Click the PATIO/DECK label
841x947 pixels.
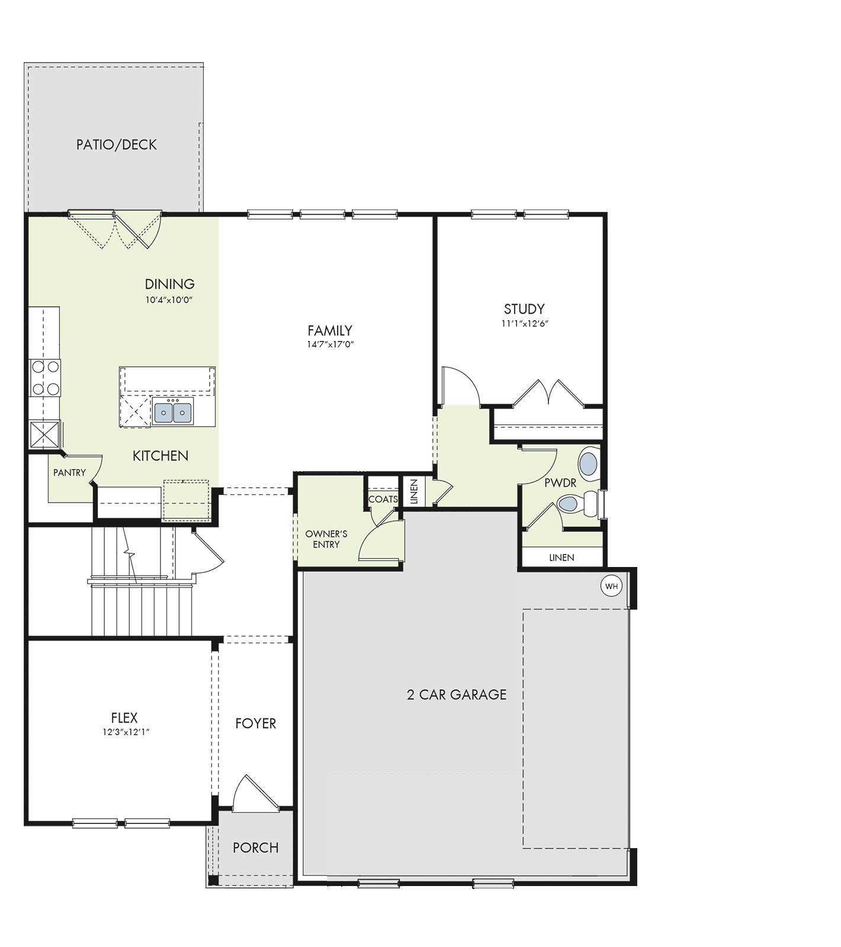coord(117,144)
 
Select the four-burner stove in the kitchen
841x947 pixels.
coord(45,378)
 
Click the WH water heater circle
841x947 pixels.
coord(612,587)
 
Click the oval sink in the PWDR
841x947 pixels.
coord(588,464)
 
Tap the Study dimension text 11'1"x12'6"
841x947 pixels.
coord(524,324)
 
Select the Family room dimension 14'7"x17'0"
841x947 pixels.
coord(330,344)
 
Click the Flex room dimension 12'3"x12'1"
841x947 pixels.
coord(124,732)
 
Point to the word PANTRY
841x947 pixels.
coord(69,472)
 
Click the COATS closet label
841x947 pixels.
coord(383,499)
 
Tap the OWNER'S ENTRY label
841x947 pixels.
coord(326,539)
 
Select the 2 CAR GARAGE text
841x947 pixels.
coord(457,694)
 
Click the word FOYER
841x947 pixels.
coord(256,723)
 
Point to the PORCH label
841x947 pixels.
coord(256,848)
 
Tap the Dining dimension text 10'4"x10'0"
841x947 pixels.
coord(169,300)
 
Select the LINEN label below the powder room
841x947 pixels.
coord(561,558)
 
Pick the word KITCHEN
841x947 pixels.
coord(161,456)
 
